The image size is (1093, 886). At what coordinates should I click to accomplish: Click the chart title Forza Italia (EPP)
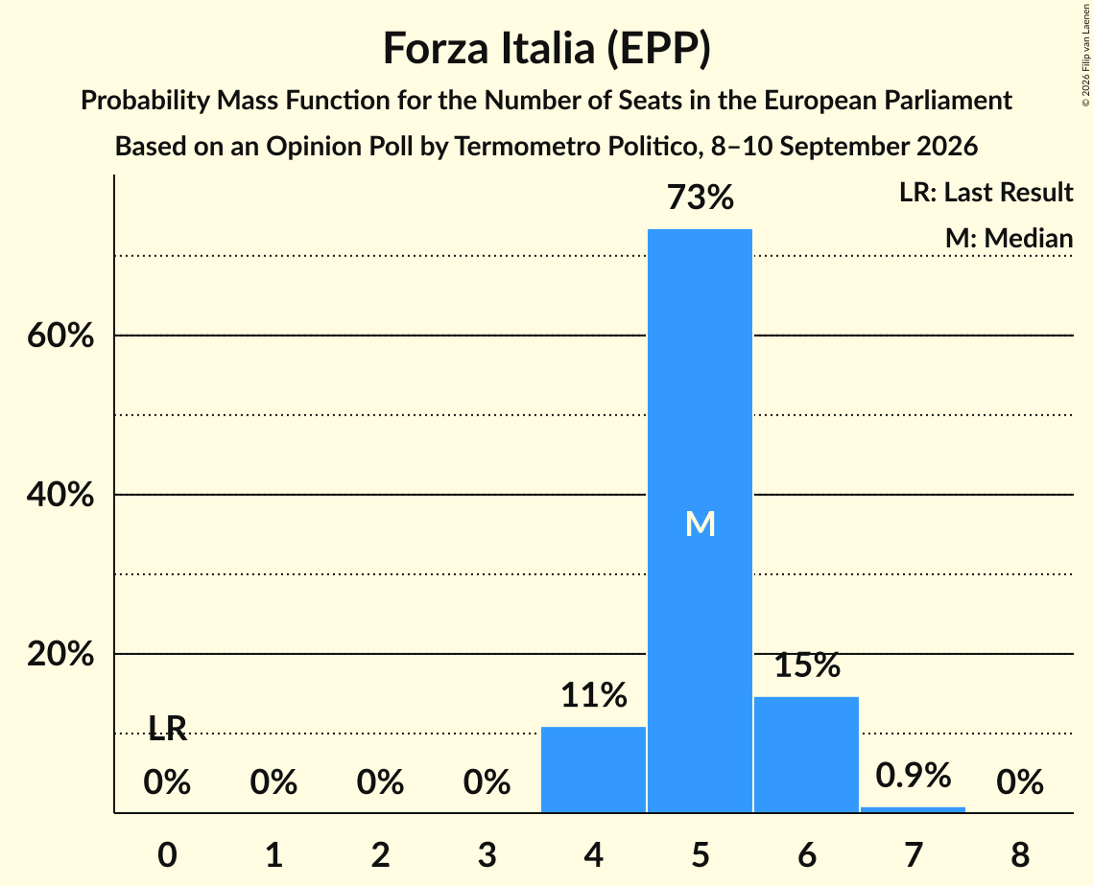click(x=547, y=49)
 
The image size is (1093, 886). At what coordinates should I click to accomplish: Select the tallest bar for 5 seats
click(x=700, y=521)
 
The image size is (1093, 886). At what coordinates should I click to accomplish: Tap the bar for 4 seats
click(x=593, y=770)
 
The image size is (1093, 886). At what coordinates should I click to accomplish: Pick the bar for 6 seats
click(x=806, y=755)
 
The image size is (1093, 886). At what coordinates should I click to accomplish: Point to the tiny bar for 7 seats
click(x=914, y=809)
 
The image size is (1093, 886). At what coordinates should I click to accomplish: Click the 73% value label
click(x=700, y=198)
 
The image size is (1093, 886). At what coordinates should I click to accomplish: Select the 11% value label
click(x=594, y=695)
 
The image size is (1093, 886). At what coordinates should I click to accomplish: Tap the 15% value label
click(x=807, y=665)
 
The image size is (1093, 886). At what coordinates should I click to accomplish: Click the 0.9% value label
click(x=914, y=775)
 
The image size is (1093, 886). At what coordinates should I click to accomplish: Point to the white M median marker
click(x=700, y=524)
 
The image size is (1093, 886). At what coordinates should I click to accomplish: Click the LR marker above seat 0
click(x=167, y=729)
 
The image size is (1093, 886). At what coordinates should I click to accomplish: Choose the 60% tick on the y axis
click(x=60, y=336)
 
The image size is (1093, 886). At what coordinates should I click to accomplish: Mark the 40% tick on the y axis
click(x=60, y=495)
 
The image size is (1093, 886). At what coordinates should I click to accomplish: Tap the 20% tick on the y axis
click(x=60, y=654)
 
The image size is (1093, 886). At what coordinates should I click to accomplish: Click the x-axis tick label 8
click(x=1020, y=854)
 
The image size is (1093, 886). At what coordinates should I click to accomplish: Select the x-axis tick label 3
click(x=487, y=854)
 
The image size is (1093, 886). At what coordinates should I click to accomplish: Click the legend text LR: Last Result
click(x=986, y=192)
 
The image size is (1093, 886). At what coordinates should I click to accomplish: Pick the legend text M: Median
click(x=1009, y=238)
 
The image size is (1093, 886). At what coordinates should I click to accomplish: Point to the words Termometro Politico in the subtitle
click(x=575, y=147)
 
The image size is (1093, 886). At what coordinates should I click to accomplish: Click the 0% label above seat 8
click(x=1020, y=782)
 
